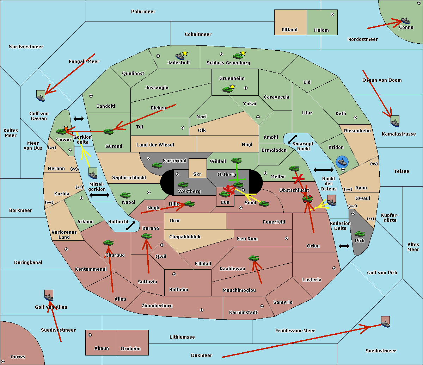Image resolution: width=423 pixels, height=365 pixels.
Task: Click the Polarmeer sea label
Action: click(x=143, y=12)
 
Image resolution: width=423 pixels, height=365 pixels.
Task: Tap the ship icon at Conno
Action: click(x=405, y=20)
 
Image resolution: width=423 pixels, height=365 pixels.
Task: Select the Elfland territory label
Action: click(x=289, y=30)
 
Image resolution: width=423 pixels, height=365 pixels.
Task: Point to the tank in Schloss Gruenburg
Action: click(x=238, y=56)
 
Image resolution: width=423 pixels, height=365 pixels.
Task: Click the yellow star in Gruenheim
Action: click(x=232, y=86)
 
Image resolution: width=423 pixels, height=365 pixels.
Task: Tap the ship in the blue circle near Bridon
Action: click(x=342, y=162)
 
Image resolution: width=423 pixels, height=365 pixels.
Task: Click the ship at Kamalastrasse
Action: click(x=395, y=122)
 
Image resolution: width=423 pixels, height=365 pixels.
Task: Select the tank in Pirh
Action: click(x=360, y=234)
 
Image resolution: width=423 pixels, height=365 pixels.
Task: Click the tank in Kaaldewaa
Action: click(x=253, y=258)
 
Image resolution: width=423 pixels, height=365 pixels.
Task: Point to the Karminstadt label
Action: click(x=243, y=313)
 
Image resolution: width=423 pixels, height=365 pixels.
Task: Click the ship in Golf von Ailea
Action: click(x=49, y=296)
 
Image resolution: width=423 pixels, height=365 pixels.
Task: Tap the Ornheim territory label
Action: click(x=130, y=349)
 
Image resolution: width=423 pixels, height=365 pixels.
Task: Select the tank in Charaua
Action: click(x=108, y=243)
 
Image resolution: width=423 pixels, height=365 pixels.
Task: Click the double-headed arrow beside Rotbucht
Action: click(x=130, y=226)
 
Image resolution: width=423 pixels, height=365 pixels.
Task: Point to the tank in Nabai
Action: click(x=125, y=195)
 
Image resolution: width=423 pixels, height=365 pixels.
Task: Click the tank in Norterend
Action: click(x=157, y=165)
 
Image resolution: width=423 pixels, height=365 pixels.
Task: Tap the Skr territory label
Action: click(x=197, y=174)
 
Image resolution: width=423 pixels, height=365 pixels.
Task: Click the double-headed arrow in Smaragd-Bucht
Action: click(x=292, y=139)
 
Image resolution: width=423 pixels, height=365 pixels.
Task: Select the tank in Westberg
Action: click(x=183, y=185)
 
